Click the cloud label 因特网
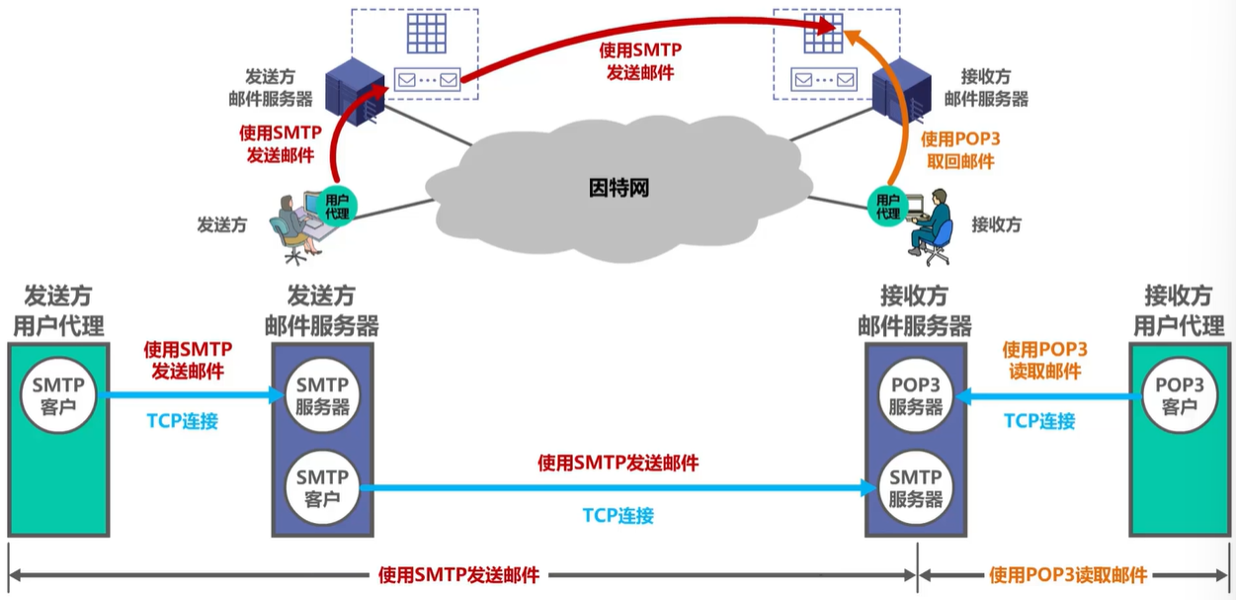619,189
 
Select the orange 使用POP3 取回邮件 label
959,151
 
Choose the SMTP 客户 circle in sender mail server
323,487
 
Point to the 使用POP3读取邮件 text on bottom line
1068,575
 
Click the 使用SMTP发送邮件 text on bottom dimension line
459,575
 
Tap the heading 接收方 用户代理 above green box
1178,310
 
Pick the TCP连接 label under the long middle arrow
618,515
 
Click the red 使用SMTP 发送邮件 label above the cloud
639,60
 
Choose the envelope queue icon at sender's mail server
428,77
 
